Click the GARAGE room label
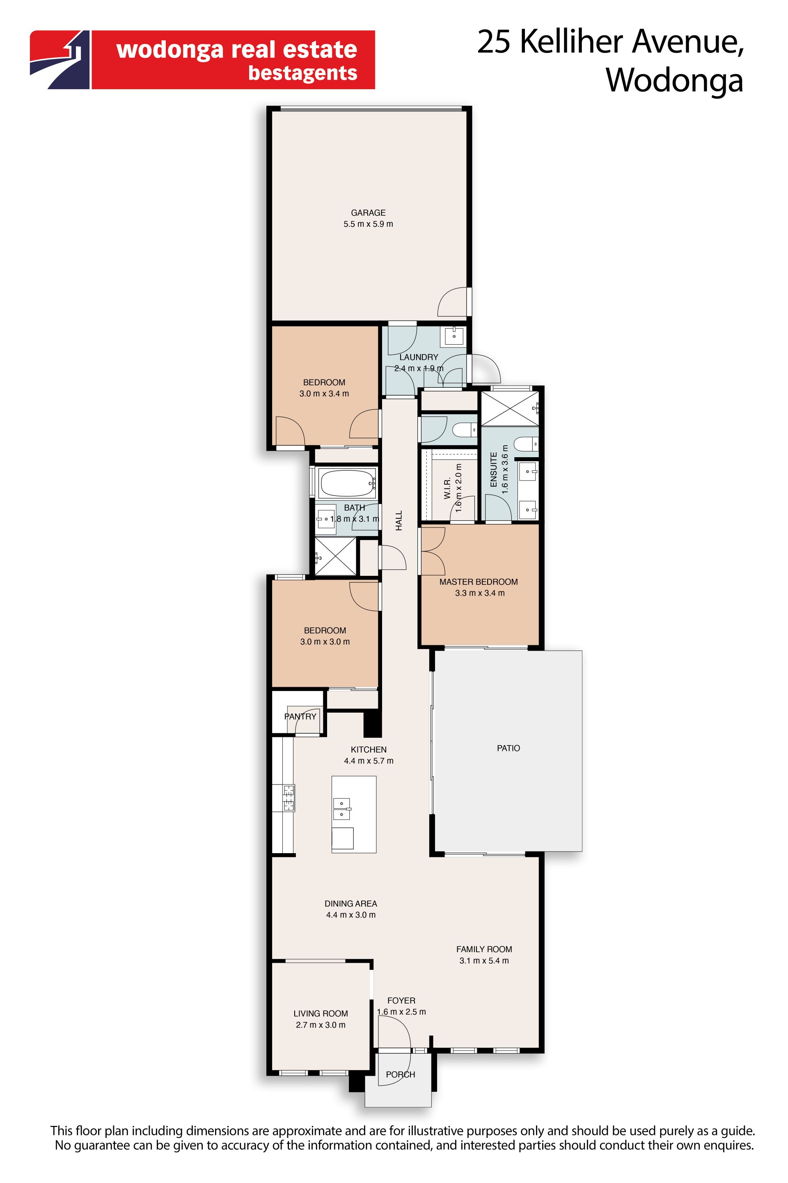[x=369, y=213]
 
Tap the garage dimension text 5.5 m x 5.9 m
[x=369, y=224]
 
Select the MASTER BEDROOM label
[x=479, y=582]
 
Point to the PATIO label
[x=509, y=748]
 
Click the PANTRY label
[x=300, y=717]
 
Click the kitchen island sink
[x=342, y=809]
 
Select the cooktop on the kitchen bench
[x=289, y=798]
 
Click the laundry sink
[x=454, y=336]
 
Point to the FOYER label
[x=401, y=1001]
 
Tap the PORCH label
[x=401, y=1075]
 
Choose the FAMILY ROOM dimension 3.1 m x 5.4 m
[x=484, y=961]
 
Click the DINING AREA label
[x=351, y=904]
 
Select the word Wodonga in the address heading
[x=674, y=81]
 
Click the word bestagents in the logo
[x=302, y=74]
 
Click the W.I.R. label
[x=447, y=488]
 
